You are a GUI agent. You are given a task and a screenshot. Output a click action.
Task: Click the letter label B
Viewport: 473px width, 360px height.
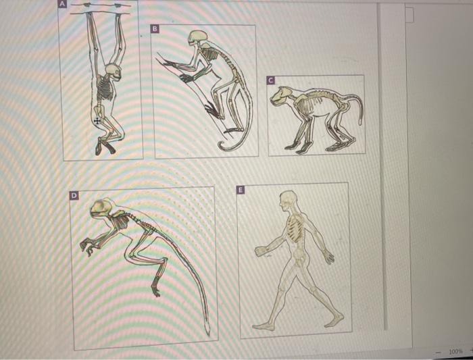(x=155, y=29)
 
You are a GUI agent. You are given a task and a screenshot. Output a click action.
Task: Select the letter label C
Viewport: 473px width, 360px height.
(x=270, y=80)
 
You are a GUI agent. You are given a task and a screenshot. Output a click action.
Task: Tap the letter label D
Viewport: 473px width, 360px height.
(x=76, y=195)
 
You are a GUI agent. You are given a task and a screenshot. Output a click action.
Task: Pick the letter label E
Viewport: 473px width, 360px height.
(x=239, y=191)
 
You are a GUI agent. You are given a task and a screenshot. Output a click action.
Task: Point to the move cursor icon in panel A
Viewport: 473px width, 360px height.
(x=97, y=120)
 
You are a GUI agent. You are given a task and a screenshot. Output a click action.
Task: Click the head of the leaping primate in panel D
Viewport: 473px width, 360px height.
(x=103, y=210)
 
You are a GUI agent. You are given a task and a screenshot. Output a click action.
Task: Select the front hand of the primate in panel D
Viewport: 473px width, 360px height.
(x=86, y=247)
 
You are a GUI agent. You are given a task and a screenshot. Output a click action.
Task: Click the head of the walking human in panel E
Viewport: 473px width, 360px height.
(x=289, y=199)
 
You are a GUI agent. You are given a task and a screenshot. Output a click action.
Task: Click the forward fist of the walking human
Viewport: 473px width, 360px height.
(x=261, y=251)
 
